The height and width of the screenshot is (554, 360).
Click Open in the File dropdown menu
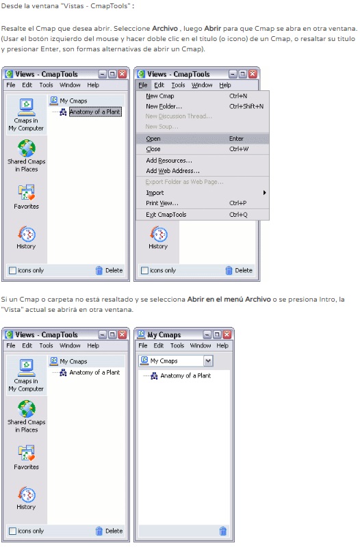coord(153,139)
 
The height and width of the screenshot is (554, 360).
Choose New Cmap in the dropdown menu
coord(160,96)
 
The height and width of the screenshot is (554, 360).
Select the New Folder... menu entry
coord(164,106)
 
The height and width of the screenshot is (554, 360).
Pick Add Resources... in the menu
coord(169,161)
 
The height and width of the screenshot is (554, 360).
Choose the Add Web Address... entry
coord(172,171)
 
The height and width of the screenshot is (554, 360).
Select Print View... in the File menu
coord(162,203)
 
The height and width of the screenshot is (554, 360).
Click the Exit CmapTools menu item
coord(166,215)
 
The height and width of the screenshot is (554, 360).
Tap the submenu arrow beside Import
coord(264,193)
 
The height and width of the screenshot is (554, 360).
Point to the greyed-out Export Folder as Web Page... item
coord(184,182)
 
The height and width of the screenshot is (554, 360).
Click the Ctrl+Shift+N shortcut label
coord(246,106)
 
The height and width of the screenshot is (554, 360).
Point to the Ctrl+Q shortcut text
coord(238,215)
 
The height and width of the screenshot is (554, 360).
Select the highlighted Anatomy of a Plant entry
coord(95,111)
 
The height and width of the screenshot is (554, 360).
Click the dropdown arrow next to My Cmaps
coord(208,361)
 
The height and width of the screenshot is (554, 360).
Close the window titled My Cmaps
coord(227,334)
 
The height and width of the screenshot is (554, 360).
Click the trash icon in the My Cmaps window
coord(223,531)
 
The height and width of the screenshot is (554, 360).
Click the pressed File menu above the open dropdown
coord(143,85)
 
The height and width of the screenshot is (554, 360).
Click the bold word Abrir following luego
coord(213,28)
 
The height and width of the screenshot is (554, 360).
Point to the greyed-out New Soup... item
coord(162,127)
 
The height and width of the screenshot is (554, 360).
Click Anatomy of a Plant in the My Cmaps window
coord(185,375)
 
